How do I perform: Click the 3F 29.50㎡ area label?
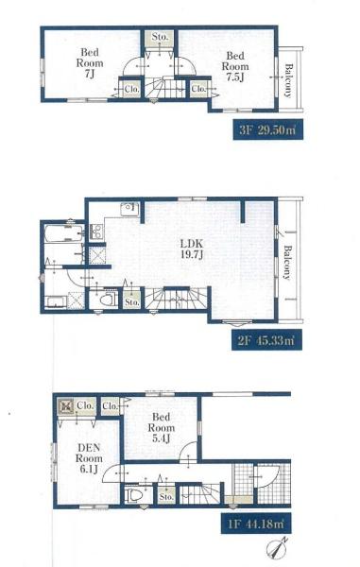click(267, 129)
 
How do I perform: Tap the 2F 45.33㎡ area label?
click(266, 340)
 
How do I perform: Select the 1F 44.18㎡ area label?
click(256, 524)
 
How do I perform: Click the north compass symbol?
click(277, 547)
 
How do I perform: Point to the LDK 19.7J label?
click(192, 249)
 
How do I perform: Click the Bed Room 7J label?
click(90, 63)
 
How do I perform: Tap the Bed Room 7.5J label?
click(235, 66)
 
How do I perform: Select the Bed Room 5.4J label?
click(162, 427)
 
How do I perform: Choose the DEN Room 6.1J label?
click(89, 458)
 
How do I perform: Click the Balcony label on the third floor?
click(288, 80)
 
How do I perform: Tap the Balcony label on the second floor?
click(286, 263)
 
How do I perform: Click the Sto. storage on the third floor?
click(160, 38)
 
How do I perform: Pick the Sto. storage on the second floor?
click(132, 301)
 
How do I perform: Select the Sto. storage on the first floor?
click(166, 496)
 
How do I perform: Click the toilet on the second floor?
click(108, 299)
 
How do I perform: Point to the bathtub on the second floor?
click(64, 233)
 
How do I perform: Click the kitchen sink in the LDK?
click(129, 210)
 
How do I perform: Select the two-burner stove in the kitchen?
click(96, 232)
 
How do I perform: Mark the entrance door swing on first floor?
click(267, 477)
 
